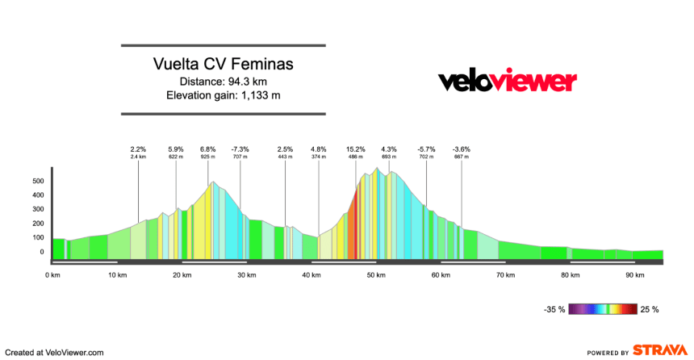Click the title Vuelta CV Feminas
point(224,64)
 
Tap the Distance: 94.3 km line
point(224,82)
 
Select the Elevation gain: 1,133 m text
point(224,95)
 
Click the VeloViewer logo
point(507,82)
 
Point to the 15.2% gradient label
point(356,149)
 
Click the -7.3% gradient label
point(240,149)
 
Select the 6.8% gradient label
point(208,149)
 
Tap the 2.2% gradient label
point(138,149)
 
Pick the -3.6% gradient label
point(462,149)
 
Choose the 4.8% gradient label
point(319,149)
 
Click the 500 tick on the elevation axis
point(37,182)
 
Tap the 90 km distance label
point(635,275)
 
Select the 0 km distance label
point(52,275)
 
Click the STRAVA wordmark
point(660,351)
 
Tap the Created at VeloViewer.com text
point(55,352)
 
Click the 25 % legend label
point(650,309)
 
